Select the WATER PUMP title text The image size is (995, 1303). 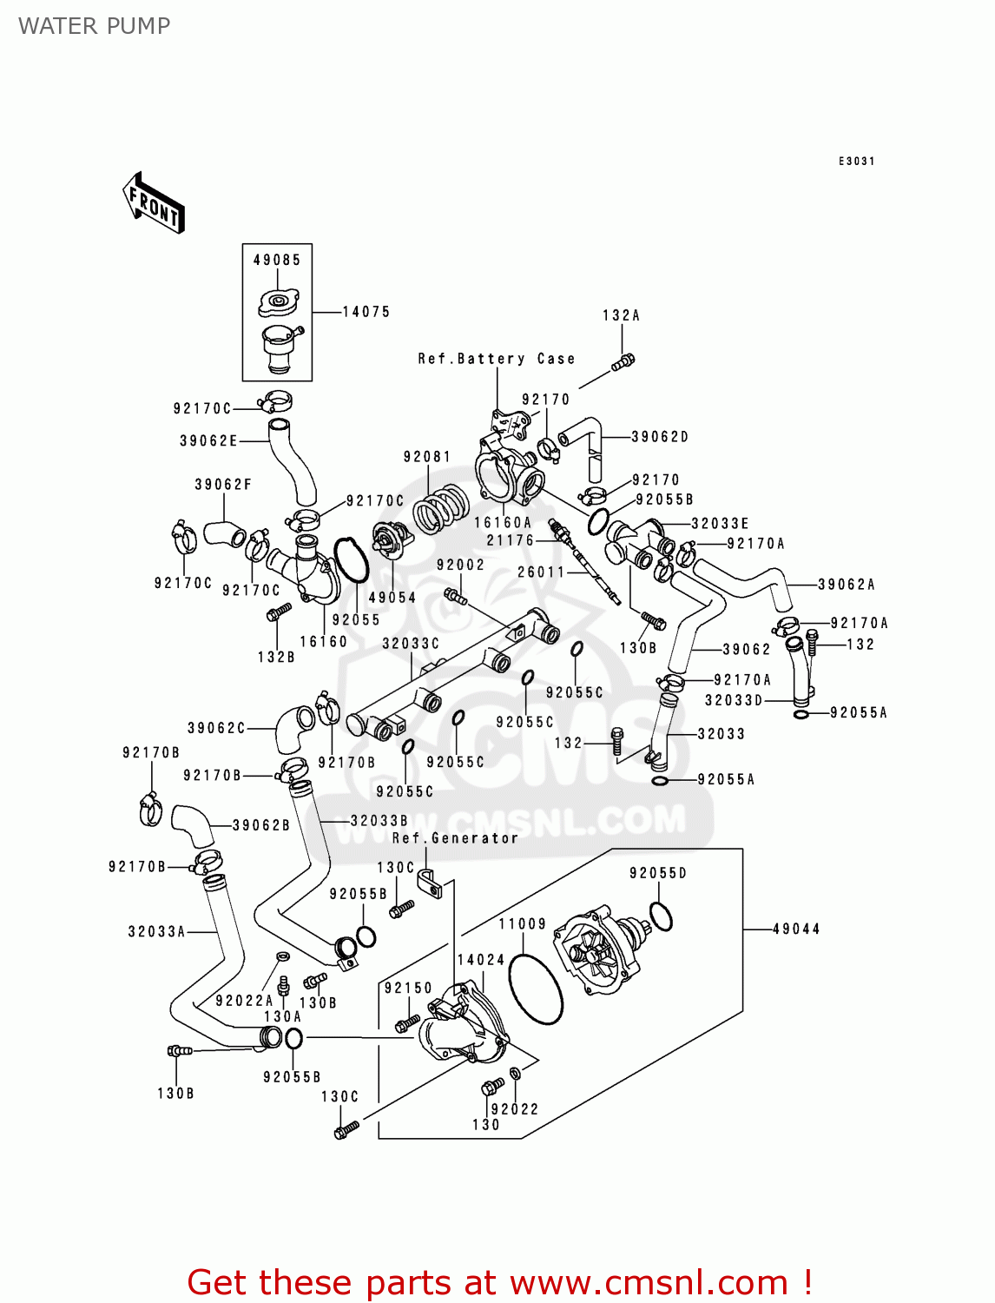pyautogui.click(x=94, y=26)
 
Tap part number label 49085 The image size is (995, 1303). pyautogui.click(x=277, y=260)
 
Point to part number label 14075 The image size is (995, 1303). pyautogui.click(x=366, y=311)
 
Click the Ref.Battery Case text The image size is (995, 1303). pyautogui.click(x=496, y=359)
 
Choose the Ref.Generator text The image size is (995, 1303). pyautogui.click(x=455, y=838)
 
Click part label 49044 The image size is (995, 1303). pyautogui.click(x=796, y=929)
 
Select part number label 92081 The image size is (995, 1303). pyautogui.click(x=426, y=457)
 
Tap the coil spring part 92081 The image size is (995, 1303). pyautogui.click(x=440, y=508)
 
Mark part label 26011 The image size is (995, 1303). pyautogui.click(x=541, y=572)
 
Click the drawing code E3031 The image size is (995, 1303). pyautogui.click(x=856, y=162)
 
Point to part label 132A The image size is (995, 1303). pyautogui.click(x=621, y=315)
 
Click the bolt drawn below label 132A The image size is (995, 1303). pyautogui.click(x=623, y=362)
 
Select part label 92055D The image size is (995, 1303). pyautogui.click(x=657, y=873)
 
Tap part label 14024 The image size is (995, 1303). pyautogui.click(x=481, y=959)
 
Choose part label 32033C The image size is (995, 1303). pyautogui.click(x=411, y=644)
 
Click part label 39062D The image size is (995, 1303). pyautogui.click(x=660, y=437)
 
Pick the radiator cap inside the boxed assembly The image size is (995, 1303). pyautogui.click(x=278, y=303)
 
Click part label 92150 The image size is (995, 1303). pyautogui.click(x=408, y=988)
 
